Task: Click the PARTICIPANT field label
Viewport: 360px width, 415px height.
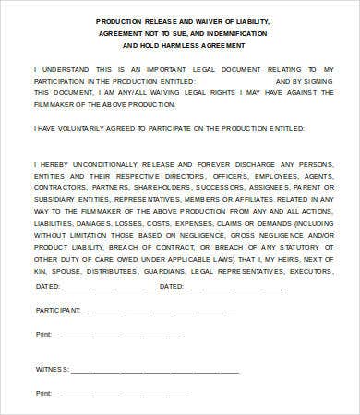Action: (x=57, y=310)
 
